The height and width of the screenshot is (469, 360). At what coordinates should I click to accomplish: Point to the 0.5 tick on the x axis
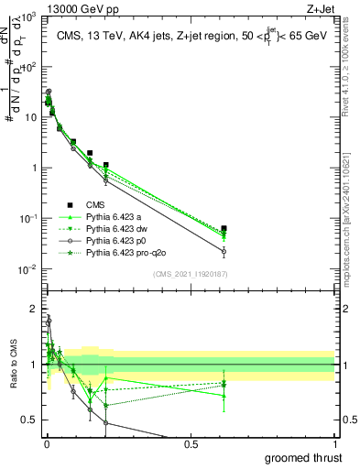coord(190,444)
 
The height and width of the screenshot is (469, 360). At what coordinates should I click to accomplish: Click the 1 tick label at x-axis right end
coord(333,444)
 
